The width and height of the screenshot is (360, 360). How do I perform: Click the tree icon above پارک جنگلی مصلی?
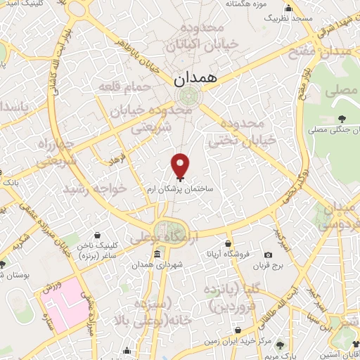coord(342,118)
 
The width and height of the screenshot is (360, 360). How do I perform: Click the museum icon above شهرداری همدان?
coord(156,253)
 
